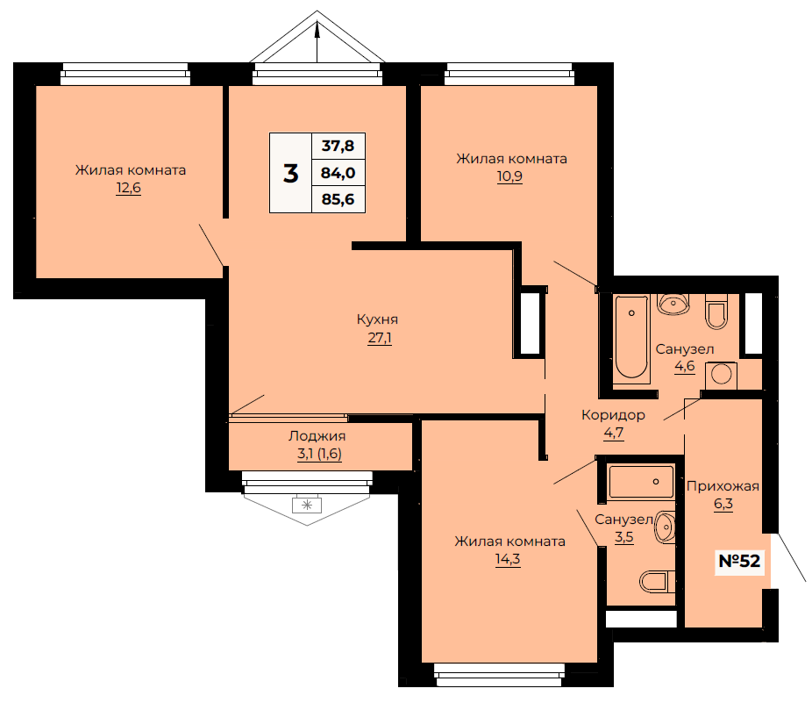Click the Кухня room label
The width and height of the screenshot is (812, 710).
tap(378, 319)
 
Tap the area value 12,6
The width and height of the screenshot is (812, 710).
tap(128, 188)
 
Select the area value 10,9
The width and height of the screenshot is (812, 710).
tap(509, 176)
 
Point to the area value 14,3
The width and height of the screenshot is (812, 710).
tap(508, 559)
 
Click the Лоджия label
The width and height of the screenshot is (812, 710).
tap(317, 436)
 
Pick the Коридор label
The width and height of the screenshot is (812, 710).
tap(613, 415)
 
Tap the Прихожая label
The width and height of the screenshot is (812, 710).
tap(723, 486)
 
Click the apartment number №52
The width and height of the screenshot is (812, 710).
tap(739, 561)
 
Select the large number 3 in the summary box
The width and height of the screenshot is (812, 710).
tap(290, 173)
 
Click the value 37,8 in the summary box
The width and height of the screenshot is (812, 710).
tap(338, 146)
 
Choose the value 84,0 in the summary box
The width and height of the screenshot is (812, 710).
tap(338, 173)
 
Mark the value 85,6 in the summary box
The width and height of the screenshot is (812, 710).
tap(338, 199)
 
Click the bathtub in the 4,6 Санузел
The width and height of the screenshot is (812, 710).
tap(631, 340)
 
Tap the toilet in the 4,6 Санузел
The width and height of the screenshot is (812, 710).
tap(716, 312)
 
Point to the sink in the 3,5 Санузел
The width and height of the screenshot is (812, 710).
tap(666, 527)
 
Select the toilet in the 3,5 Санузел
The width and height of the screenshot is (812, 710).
tap(658, 582)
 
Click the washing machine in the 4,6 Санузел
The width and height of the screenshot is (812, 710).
tap(721, 376)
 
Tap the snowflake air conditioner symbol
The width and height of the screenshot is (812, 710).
tap(307, 505)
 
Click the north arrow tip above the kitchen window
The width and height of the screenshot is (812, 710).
tap(317, 22)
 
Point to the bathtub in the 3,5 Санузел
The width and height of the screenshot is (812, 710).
tap(642, 482)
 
